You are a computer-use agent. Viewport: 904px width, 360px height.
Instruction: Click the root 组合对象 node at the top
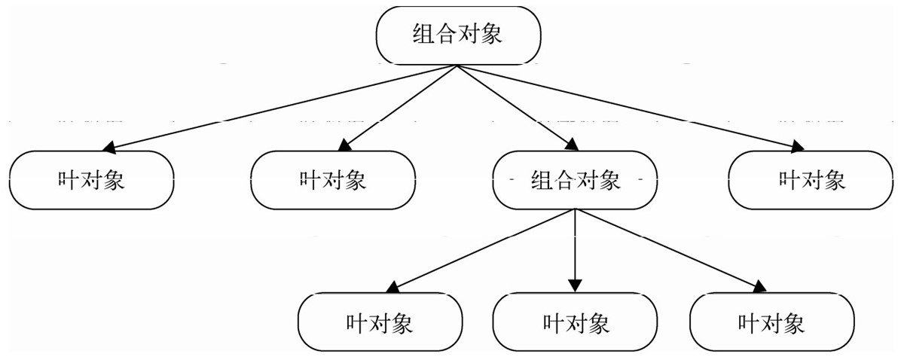point(458,35)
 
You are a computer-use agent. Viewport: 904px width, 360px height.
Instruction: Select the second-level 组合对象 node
point(575,180)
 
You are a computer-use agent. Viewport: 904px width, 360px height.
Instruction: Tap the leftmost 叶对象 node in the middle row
point(92,180)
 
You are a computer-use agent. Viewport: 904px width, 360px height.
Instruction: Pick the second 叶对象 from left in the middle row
point(333,180)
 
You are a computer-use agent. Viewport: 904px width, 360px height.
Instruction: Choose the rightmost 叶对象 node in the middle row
point(811,180)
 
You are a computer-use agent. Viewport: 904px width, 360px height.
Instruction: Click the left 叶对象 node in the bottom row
point(380,322)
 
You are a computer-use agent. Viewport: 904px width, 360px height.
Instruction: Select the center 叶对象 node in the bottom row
point(575,322)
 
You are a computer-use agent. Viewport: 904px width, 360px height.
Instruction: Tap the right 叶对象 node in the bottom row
point(772,322)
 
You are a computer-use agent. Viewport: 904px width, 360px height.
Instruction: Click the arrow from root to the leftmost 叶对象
point(279,108)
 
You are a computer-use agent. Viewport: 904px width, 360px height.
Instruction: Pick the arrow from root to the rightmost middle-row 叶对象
point(631,108)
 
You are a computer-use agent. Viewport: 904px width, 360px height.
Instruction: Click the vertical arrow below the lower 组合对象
point(575,250)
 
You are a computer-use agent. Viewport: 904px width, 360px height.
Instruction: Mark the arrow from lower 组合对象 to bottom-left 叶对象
point(481,251)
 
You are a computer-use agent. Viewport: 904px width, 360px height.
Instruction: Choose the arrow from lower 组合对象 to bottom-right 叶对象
point(670,250)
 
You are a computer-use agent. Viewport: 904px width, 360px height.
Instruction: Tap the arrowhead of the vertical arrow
point(575,285)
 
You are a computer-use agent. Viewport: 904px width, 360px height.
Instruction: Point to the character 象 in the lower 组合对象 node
point(609,180)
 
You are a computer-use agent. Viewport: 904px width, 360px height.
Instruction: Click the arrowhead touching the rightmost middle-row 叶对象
point(798,148)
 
